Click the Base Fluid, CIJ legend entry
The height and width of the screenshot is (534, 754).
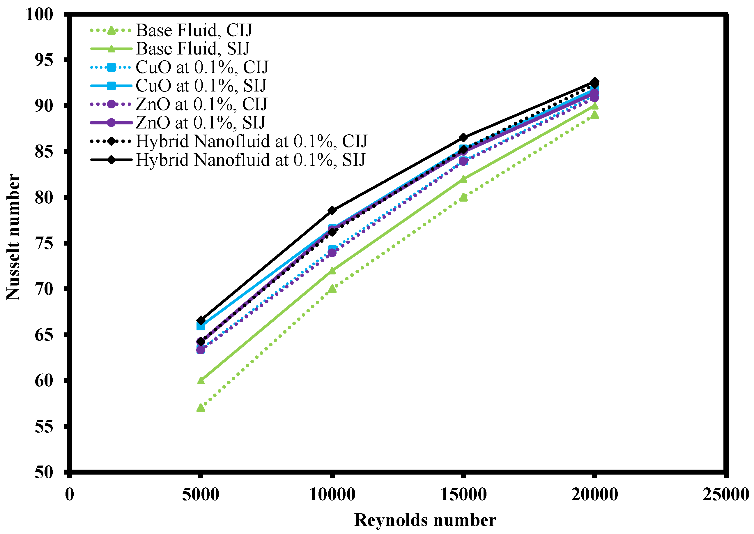[x=194, y=30]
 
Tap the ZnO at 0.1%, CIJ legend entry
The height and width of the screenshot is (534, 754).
[x=201, y=104]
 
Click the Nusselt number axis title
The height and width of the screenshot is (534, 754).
[x=13, y=237]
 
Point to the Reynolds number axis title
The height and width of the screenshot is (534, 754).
[x=425, y=520]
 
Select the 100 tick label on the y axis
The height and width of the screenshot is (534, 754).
[x=39, y=15]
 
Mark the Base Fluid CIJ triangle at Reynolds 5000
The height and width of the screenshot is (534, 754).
[x=201, y=408]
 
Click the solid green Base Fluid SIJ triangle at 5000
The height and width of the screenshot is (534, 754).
[x=201, y=381]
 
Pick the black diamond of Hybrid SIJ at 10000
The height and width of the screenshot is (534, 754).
[x=332, y=210]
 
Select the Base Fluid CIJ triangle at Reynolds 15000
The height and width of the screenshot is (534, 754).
[x=463, y=198]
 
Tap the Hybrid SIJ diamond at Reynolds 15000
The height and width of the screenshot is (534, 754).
[x=463, y=138]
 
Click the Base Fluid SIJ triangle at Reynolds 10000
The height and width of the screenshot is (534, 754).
[x=332, y=271]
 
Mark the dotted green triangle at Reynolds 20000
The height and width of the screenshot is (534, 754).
[x=594, y=115]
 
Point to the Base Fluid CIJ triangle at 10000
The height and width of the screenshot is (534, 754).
[x=332, y=289]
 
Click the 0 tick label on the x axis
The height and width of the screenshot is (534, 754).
[x=69, y=494]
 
